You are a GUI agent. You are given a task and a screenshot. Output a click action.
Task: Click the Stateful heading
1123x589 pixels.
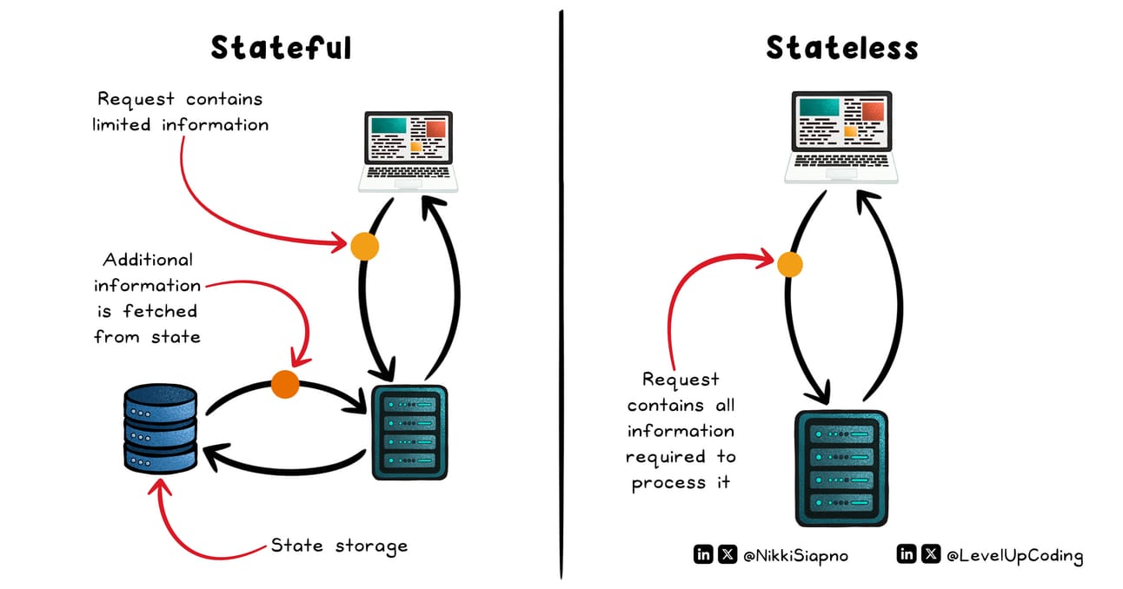281,48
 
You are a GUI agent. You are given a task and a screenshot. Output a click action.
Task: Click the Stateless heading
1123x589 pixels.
842,48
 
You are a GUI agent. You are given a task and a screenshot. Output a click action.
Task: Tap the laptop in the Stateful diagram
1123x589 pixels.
409,151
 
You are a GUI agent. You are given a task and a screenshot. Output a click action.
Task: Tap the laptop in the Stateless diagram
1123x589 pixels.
841,137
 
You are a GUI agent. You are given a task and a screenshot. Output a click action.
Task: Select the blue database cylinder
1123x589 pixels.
161,428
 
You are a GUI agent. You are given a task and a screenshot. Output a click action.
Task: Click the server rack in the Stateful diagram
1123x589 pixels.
409,433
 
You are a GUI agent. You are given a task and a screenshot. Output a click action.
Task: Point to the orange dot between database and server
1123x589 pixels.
285,385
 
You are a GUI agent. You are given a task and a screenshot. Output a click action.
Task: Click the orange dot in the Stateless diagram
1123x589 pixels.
789,264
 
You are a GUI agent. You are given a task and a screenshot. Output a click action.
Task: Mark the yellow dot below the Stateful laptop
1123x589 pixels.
364,246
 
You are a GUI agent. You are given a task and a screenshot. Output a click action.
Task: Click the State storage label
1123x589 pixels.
339,546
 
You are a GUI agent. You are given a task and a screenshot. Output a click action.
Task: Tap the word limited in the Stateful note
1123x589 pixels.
122,124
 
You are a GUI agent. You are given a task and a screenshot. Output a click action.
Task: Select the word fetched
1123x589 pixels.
160,311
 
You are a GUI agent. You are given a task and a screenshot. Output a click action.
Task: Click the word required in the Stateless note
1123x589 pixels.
665,457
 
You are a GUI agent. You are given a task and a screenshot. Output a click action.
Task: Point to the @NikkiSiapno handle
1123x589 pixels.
795,555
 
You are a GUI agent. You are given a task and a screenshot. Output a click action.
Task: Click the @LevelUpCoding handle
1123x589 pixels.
1014,555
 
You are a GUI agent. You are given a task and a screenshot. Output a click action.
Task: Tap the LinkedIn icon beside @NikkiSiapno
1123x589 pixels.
703,554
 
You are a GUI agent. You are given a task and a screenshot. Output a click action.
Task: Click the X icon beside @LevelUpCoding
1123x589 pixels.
931,554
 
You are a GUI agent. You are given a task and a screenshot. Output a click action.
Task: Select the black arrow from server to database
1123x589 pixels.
286,470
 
